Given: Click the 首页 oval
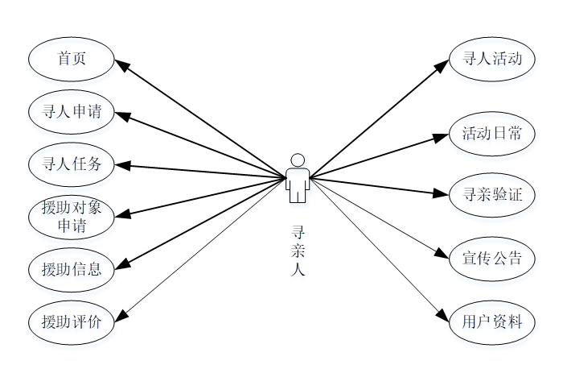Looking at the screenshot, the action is [x=72, y=59].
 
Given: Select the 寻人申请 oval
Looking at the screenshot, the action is [x=72, y=112].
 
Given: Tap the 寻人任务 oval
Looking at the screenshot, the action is [x=72, y=164].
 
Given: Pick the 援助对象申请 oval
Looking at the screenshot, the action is [x=72, y=216].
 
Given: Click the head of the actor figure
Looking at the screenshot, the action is [x=298, y=160].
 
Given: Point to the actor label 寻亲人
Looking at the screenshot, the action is [x=298, y=250].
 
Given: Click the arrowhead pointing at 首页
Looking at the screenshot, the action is [x=121, y=64].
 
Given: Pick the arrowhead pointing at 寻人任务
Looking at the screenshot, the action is [x=121, y=165].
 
